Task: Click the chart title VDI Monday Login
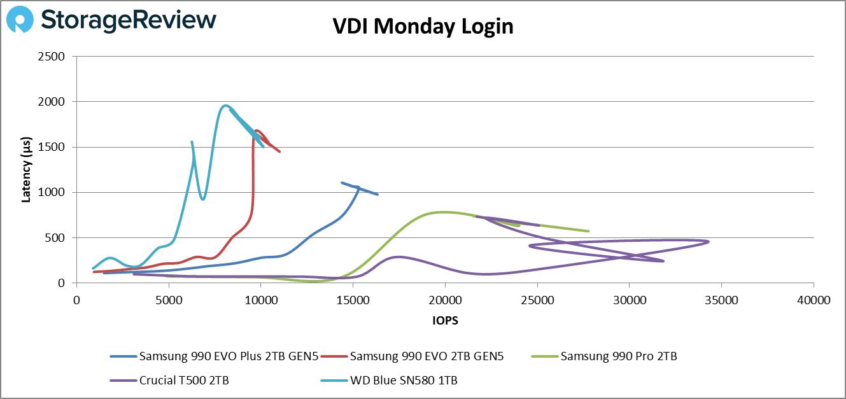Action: coord(423,27)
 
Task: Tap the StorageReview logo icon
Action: coord(20,20)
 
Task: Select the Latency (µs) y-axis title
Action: coord(26,169)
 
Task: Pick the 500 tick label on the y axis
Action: coord(56,238)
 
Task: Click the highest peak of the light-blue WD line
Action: coord(225,106)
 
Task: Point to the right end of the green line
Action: coord(588,231)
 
